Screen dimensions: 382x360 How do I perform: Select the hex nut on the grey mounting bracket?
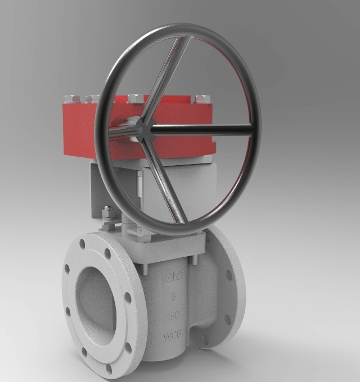tap(106, 213)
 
